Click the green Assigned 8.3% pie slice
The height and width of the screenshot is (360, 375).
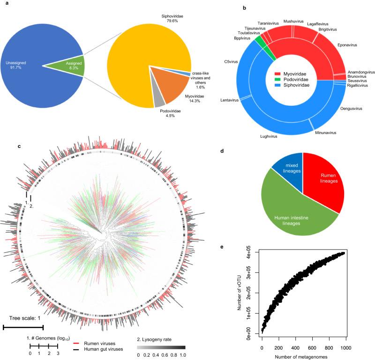click(x=73, y=63)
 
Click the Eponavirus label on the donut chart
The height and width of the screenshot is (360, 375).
click(x=349, y=45)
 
